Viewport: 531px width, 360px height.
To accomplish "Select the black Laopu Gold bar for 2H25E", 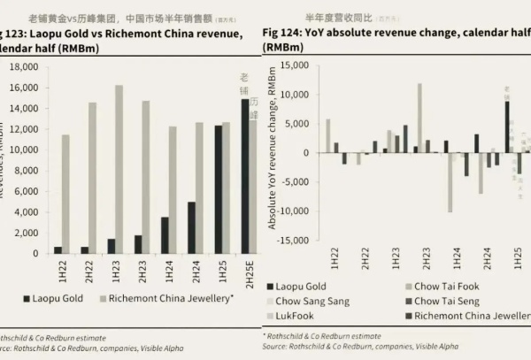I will coord(245,176).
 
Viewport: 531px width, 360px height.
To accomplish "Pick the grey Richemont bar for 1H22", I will coord(65,194).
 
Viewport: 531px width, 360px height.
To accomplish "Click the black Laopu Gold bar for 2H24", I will coord(191,227).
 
